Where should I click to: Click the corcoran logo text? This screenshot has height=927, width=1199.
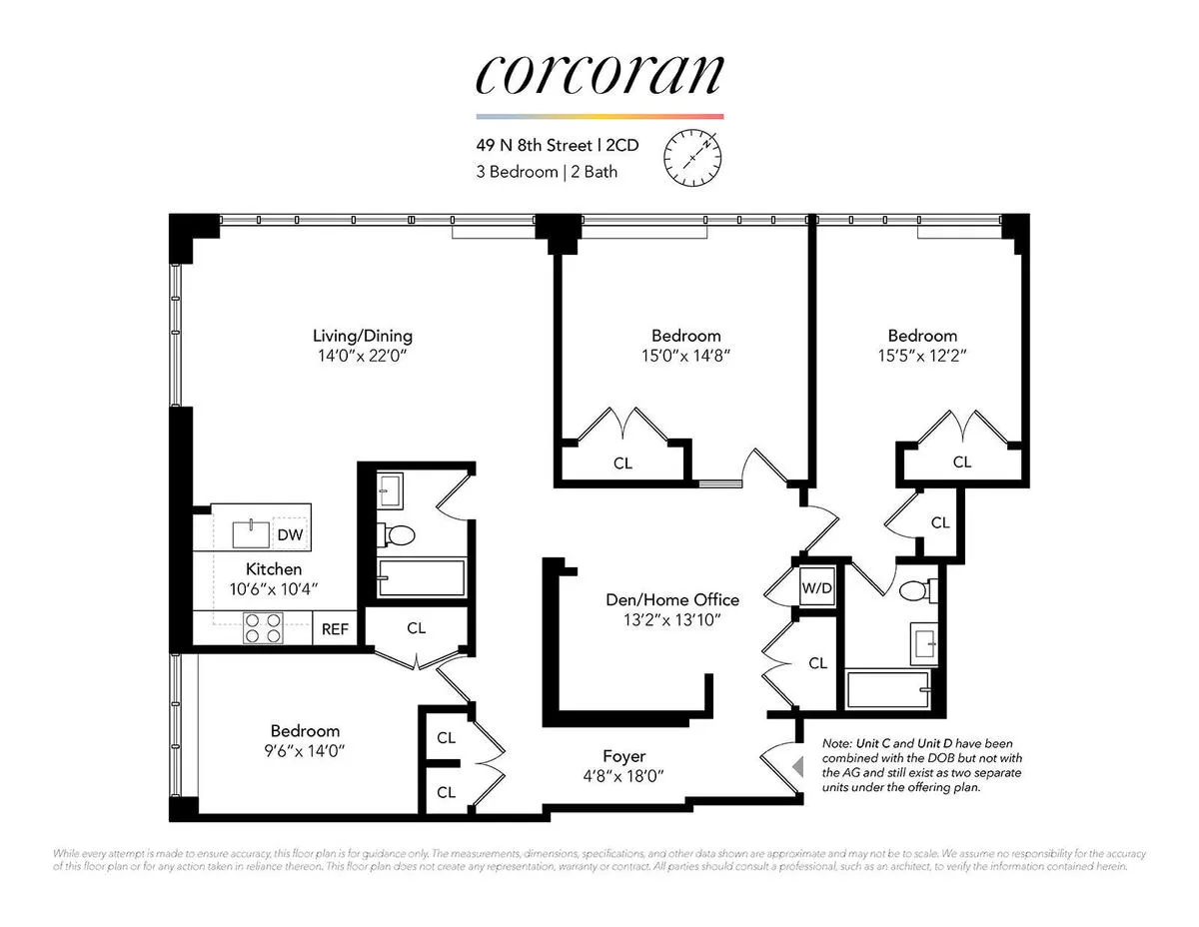pyautogui.click(x=599, y=75)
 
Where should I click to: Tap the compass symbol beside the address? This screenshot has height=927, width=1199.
pyautogui.click(x=692, y=157)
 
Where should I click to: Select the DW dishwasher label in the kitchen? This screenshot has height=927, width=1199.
pyautogui.click(x=290, y=535)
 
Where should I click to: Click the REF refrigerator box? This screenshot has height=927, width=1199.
pyautogui.click(x=334, y=629)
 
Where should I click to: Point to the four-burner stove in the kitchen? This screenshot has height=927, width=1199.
pyautogui.click(x=263, y=628)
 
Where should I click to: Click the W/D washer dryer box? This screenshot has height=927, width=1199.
pyautogui.click(x=815, y=587)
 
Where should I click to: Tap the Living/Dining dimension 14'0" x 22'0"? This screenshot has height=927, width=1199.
pyautogui.click(x=362, y=355)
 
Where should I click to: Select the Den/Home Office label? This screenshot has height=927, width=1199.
pyautogui.click(x=672, y=599)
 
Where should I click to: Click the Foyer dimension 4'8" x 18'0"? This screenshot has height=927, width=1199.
pyautogui.click(x=623, y=775)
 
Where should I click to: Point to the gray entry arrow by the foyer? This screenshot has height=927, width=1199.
pyautogui.click(x=796, y=766)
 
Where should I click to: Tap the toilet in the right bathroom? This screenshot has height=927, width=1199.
pyautogui.click(x=914, y=591)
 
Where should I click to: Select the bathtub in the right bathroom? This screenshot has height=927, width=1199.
pyautogui.click(x=887, y=689)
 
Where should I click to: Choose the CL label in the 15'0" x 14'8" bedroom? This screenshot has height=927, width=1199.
pyautogui.click(x=622, y=463)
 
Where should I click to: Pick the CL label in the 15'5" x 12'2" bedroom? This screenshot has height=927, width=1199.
pyautogui.click(x=961, y=462)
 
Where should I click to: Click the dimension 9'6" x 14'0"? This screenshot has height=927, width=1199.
pyautogui.click(x=305, y=749)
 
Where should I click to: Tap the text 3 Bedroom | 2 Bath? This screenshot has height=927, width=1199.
pyautogui.click(x=547, y=172)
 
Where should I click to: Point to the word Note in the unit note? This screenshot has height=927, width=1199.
pyautogui.click(x=837, y=744)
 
